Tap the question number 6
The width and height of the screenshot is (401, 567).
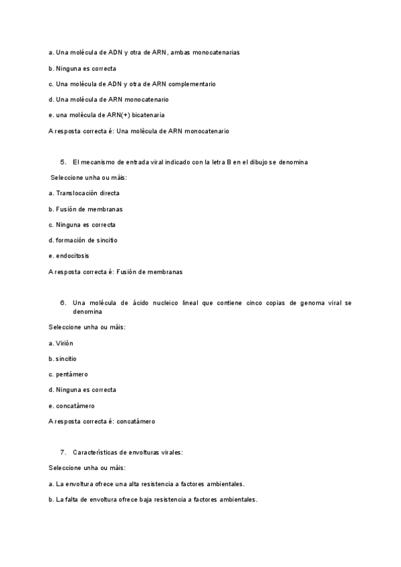[x=63, y=303]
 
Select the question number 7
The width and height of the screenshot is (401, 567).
[x=63, y=453]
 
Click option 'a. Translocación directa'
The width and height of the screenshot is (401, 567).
[x=84, y=193]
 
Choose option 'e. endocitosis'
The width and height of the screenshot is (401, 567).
[x=69, y=255]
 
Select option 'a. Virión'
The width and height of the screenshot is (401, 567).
[x=61, y=343]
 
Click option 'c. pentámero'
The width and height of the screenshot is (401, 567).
[x=68, y=374]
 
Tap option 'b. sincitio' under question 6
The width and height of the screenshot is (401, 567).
[x=63, y=358]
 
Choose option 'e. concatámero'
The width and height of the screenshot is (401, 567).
[x=72, y=405]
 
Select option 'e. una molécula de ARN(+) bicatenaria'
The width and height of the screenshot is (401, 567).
[x=106, y=115]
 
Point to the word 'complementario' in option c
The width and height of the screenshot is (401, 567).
[x=193, y=84]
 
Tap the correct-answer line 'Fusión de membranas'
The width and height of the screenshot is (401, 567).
[x=116, y=272]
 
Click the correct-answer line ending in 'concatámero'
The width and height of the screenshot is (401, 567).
[x=102, y=422]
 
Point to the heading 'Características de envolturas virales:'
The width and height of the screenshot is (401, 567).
[x=127, y=453]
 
